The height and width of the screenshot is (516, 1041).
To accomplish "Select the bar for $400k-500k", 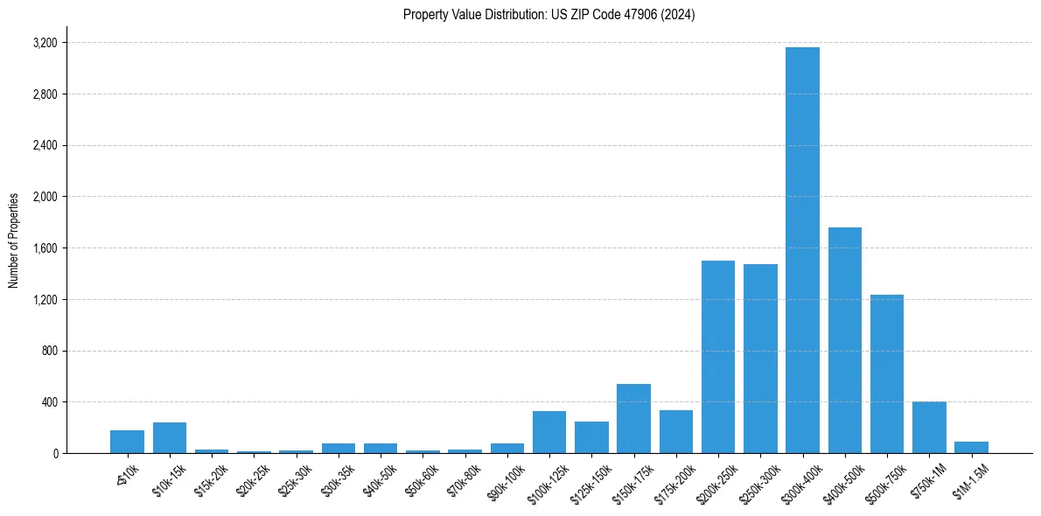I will tap(845, 340).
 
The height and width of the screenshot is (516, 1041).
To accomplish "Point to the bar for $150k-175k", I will tap(633, 419).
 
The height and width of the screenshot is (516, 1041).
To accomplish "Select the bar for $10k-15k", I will tap(170, 438).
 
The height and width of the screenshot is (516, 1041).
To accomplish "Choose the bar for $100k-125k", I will tap(549, 432).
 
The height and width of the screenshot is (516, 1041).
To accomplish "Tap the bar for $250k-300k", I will tap(760, 359).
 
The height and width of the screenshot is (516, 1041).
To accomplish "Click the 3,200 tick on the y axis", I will tap(45, 43).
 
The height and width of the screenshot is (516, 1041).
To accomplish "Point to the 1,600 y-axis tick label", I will tap(45, 248).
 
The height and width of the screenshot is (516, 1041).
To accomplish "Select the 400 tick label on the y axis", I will tap(49, 402).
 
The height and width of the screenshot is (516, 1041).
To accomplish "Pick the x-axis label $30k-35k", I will tap(339, 477).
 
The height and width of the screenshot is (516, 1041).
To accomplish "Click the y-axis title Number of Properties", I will tap(14, 241).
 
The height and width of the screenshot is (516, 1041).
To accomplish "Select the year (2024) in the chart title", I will tap(679, 15).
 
